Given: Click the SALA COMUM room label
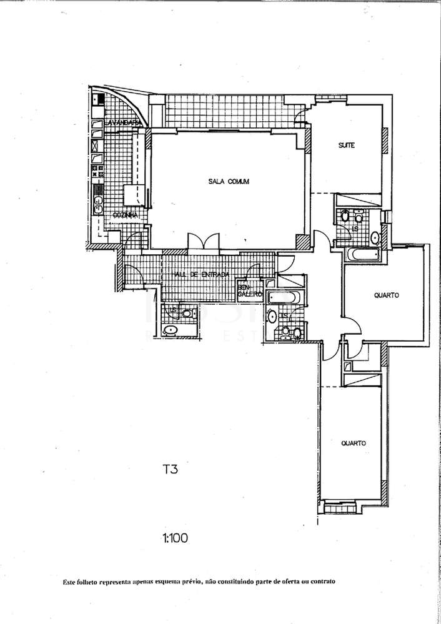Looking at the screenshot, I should (229, 182).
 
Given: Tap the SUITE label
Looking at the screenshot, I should (347, 146).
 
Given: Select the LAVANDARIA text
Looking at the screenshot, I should (124, 123).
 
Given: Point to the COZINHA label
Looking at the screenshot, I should (124, 215).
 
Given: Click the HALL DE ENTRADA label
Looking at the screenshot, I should (198, 274).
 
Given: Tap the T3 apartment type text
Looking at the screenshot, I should (170, 468).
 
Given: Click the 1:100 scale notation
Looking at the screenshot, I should (176, 537).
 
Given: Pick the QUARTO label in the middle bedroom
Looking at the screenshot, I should (387, 295).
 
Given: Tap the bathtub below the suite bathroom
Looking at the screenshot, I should (362, 255).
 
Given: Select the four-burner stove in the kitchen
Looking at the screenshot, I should (98, 170).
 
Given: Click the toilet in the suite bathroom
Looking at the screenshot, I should (345, 216).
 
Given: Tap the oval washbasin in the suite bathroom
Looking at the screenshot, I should (375, 237).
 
